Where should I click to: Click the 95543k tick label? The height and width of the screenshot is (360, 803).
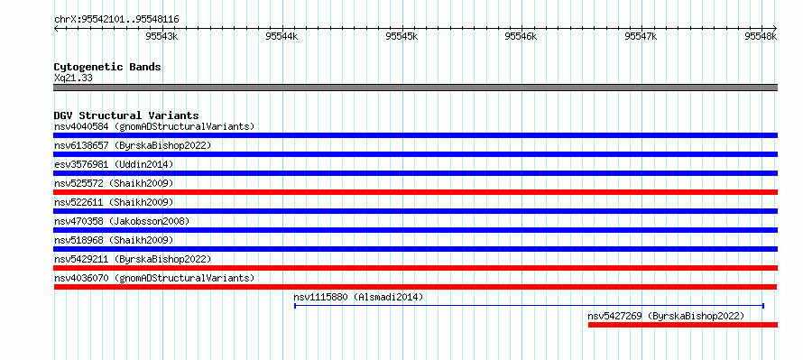coord(162,36)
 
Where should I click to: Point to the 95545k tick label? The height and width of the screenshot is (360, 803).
coord(401,36)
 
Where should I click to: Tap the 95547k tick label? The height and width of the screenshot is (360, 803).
coord(641,36)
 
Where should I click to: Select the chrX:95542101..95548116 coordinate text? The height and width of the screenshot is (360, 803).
coord(116,20)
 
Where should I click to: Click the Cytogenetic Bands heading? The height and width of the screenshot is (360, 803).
coord(107,67)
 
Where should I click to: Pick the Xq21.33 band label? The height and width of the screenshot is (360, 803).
coord(73,78)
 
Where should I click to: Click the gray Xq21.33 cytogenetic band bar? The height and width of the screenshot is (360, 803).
coord(415,87)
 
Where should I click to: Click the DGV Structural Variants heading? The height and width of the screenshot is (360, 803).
coord(126,115)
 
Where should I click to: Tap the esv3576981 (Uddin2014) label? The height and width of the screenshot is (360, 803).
coord(114,164)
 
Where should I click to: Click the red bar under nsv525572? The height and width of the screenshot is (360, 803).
coord(415,192)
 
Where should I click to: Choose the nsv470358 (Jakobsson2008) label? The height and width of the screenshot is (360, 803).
coord(122,221)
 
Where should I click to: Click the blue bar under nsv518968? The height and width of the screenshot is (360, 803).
coord(415,249)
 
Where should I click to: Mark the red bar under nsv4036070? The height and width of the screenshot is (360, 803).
coord(415,287)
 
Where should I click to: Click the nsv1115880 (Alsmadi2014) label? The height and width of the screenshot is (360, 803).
coord(358,297)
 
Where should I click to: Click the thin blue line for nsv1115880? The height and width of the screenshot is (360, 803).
coord(529,306)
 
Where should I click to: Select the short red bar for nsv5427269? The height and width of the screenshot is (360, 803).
coord(683,325)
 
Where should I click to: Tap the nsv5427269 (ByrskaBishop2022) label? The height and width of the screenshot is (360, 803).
coord(666,316)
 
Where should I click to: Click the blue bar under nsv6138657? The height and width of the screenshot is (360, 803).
coord(415,154)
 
